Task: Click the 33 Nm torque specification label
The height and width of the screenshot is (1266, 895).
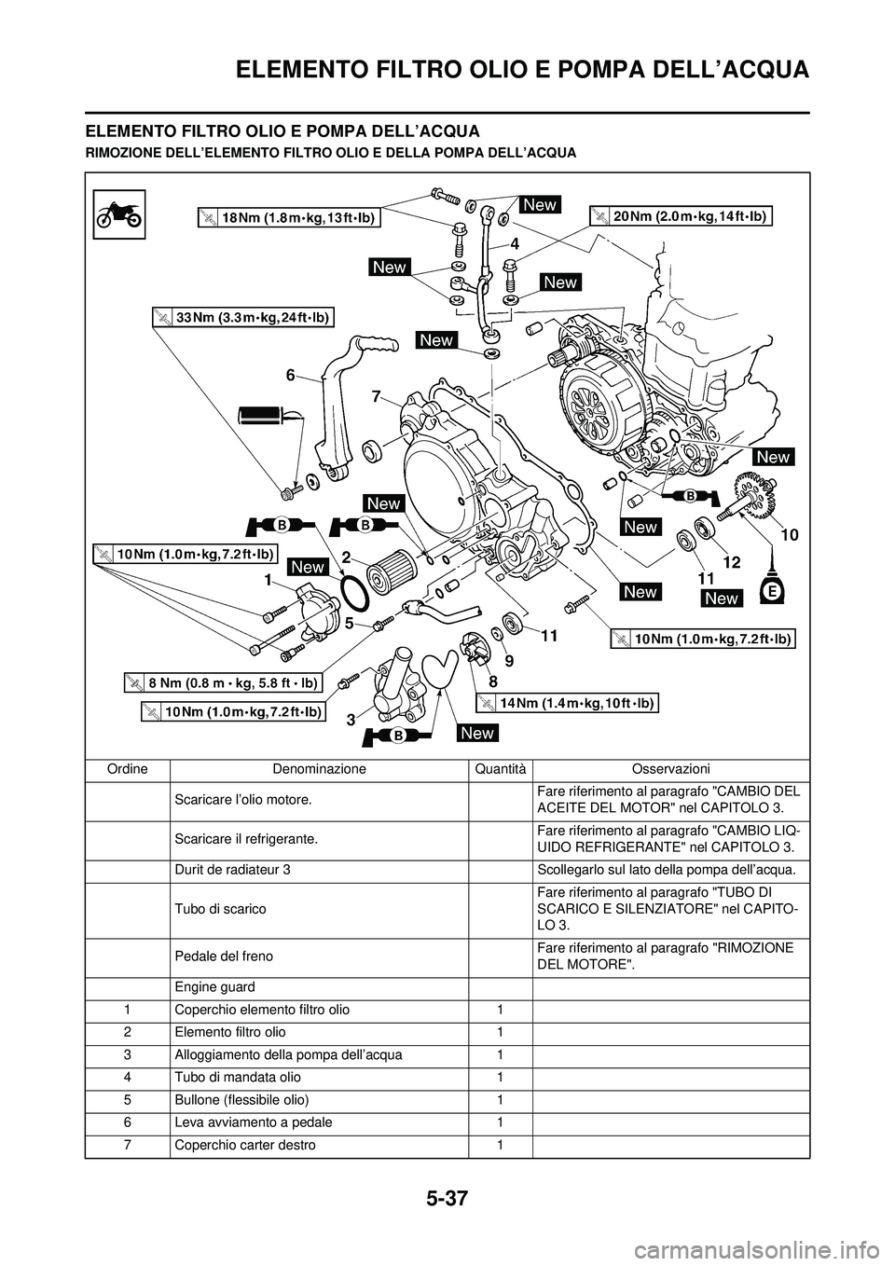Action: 243,317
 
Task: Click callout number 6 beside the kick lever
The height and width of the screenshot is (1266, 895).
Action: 290,375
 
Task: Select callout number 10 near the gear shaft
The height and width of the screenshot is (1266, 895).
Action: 790,535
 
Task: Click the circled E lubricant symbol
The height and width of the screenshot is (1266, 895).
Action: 770,591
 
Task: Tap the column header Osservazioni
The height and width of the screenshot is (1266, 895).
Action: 670,769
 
